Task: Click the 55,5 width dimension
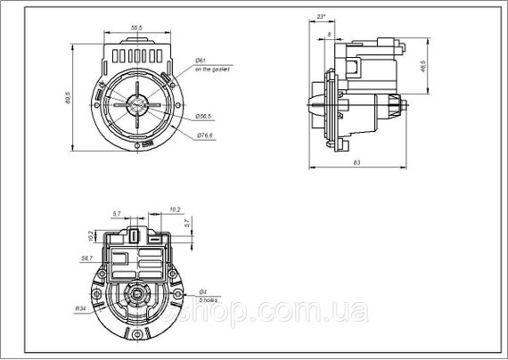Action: pyautogui.click(x=136, y=29)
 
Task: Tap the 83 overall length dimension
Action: pyautogui.click(x=356, y=162)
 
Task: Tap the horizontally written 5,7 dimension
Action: pyautogui.click(x=116, y=214)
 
